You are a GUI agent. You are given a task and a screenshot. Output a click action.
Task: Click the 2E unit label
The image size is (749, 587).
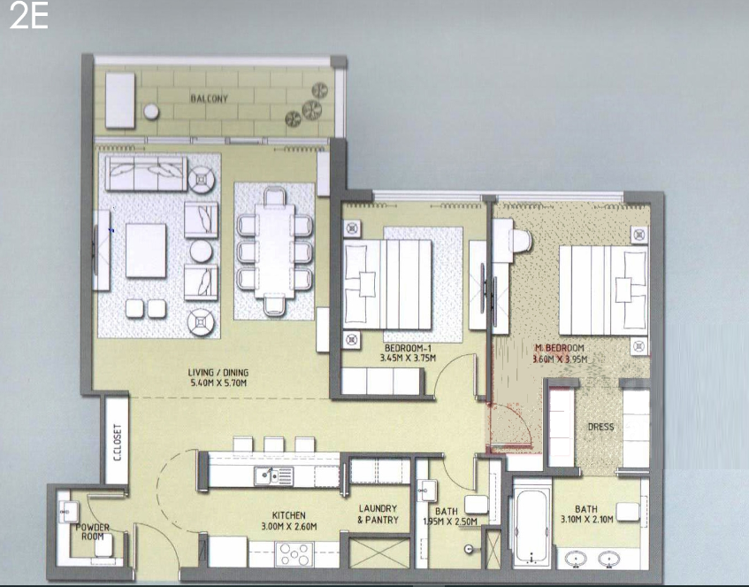[x=28, y=16]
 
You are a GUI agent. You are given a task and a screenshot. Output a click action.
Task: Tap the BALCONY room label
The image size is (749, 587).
[x=210, y=98]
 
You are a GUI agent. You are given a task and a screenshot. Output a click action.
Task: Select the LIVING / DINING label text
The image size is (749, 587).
[x=218, y=372]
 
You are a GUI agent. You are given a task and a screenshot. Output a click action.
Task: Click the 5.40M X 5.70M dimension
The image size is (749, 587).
[x=218, y=382]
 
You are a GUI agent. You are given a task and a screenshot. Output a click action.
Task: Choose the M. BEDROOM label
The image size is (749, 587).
[x=560, y=348]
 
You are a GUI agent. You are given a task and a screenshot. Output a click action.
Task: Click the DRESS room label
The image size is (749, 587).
[x=600, y=427]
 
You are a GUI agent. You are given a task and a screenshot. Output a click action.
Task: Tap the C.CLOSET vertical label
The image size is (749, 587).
[x=118, y=443]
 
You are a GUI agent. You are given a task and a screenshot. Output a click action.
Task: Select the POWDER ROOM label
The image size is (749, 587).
[x=93, y=532]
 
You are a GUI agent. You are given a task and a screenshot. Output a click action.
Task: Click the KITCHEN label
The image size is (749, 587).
[x=288, y=515]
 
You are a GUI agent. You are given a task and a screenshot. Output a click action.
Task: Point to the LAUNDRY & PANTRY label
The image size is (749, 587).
[x=378, y=514]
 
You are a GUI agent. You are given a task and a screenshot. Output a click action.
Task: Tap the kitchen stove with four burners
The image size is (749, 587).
[x=294, y=554]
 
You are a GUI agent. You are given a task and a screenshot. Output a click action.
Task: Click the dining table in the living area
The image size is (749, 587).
[x=274, y=251]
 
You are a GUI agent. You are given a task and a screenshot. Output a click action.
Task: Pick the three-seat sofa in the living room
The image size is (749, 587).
[x=146, y=174]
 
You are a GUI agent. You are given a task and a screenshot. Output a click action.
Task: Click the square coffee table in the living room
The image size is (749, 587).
[x=146, y=251]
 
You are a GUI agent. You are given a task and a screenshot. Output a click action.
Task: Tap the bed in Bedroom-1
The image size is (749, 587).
[x=387, y=284]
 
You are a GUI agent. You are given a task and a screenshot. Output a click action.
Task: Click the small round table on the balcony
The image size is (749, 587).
[x=151, y=112]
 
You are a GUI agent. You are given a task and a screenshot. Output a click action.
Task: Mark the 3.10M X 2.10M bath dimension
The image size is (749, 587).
[x=586, y=519]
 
